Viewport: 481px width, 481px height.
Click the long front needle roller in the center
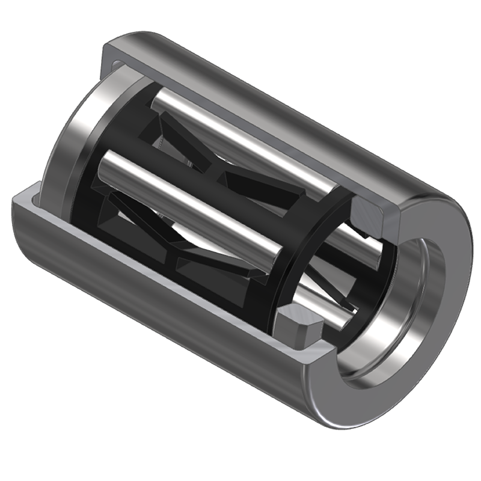tap(192, 204)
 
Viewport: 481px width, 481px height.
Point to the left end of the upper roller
tap(158, 99)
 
